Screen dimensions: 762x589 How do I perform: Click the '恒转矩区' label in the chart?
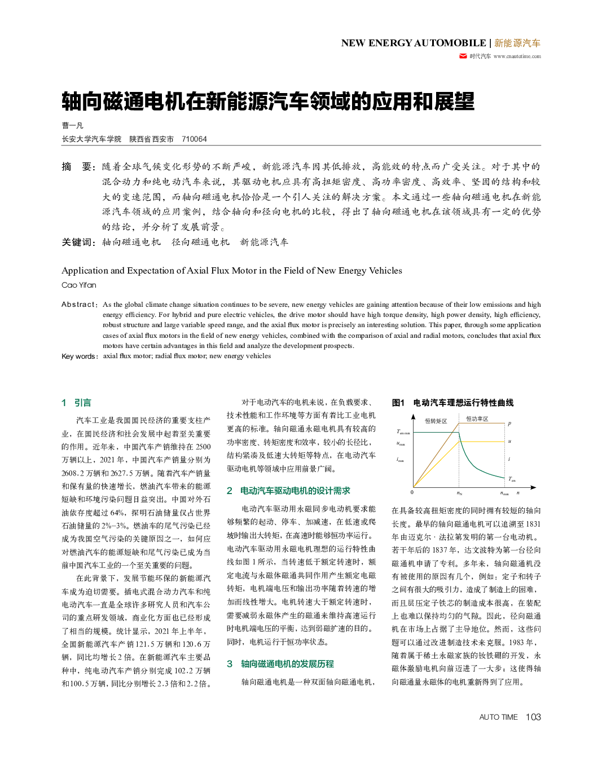tap(436, 421)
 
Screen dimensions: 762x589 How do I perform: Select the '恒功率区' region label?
tap(477, 419)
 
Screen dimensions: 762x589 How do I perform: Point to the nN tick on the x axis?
tap(459, 493)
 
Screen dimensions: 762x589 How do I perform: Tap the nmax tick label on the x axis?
tap(504, 493)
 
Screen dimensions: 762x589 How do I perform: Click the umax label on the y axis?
tap(401, 444)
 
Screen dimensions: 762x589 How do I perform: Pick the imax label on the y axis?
tap(400, 460)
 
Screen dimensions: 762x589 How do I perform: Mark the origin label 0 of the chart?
tap(412, 492)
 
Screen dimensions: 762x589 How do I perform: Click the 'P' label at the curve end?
tap(509, 423)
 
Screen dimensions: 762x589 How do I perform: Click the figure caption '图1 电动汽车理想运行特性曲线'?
tap(452, 403)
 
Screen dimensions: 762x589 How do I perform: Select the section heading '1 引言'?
tap(76, 403)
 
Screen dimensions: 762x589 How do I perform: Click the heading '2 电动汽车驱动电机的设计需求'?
tap(288, 491)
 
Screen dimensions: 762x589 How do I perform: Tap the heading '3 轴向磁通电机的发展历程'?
tap(280, 664)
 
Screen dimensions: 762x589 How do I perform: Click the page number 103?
tap(533, 717)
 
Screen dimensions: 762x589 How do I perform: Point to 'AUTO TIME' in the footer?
tap(498, 717)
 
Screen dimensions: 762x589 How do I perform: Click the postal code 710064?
tap(194, 139)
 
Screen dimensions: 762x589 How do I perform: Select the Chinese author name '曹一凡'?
tap(72, 125)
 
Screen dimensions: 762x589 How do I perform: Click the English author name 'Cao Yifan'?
tap(79, 285)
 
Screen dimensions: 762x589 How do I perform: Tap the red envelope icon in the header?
tap(463, 56)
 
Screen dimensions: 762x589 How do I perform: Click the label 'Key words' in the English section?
tap(79, 356)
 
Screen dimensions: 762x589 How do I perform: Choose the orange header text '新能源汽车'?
tap(517, 43)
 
